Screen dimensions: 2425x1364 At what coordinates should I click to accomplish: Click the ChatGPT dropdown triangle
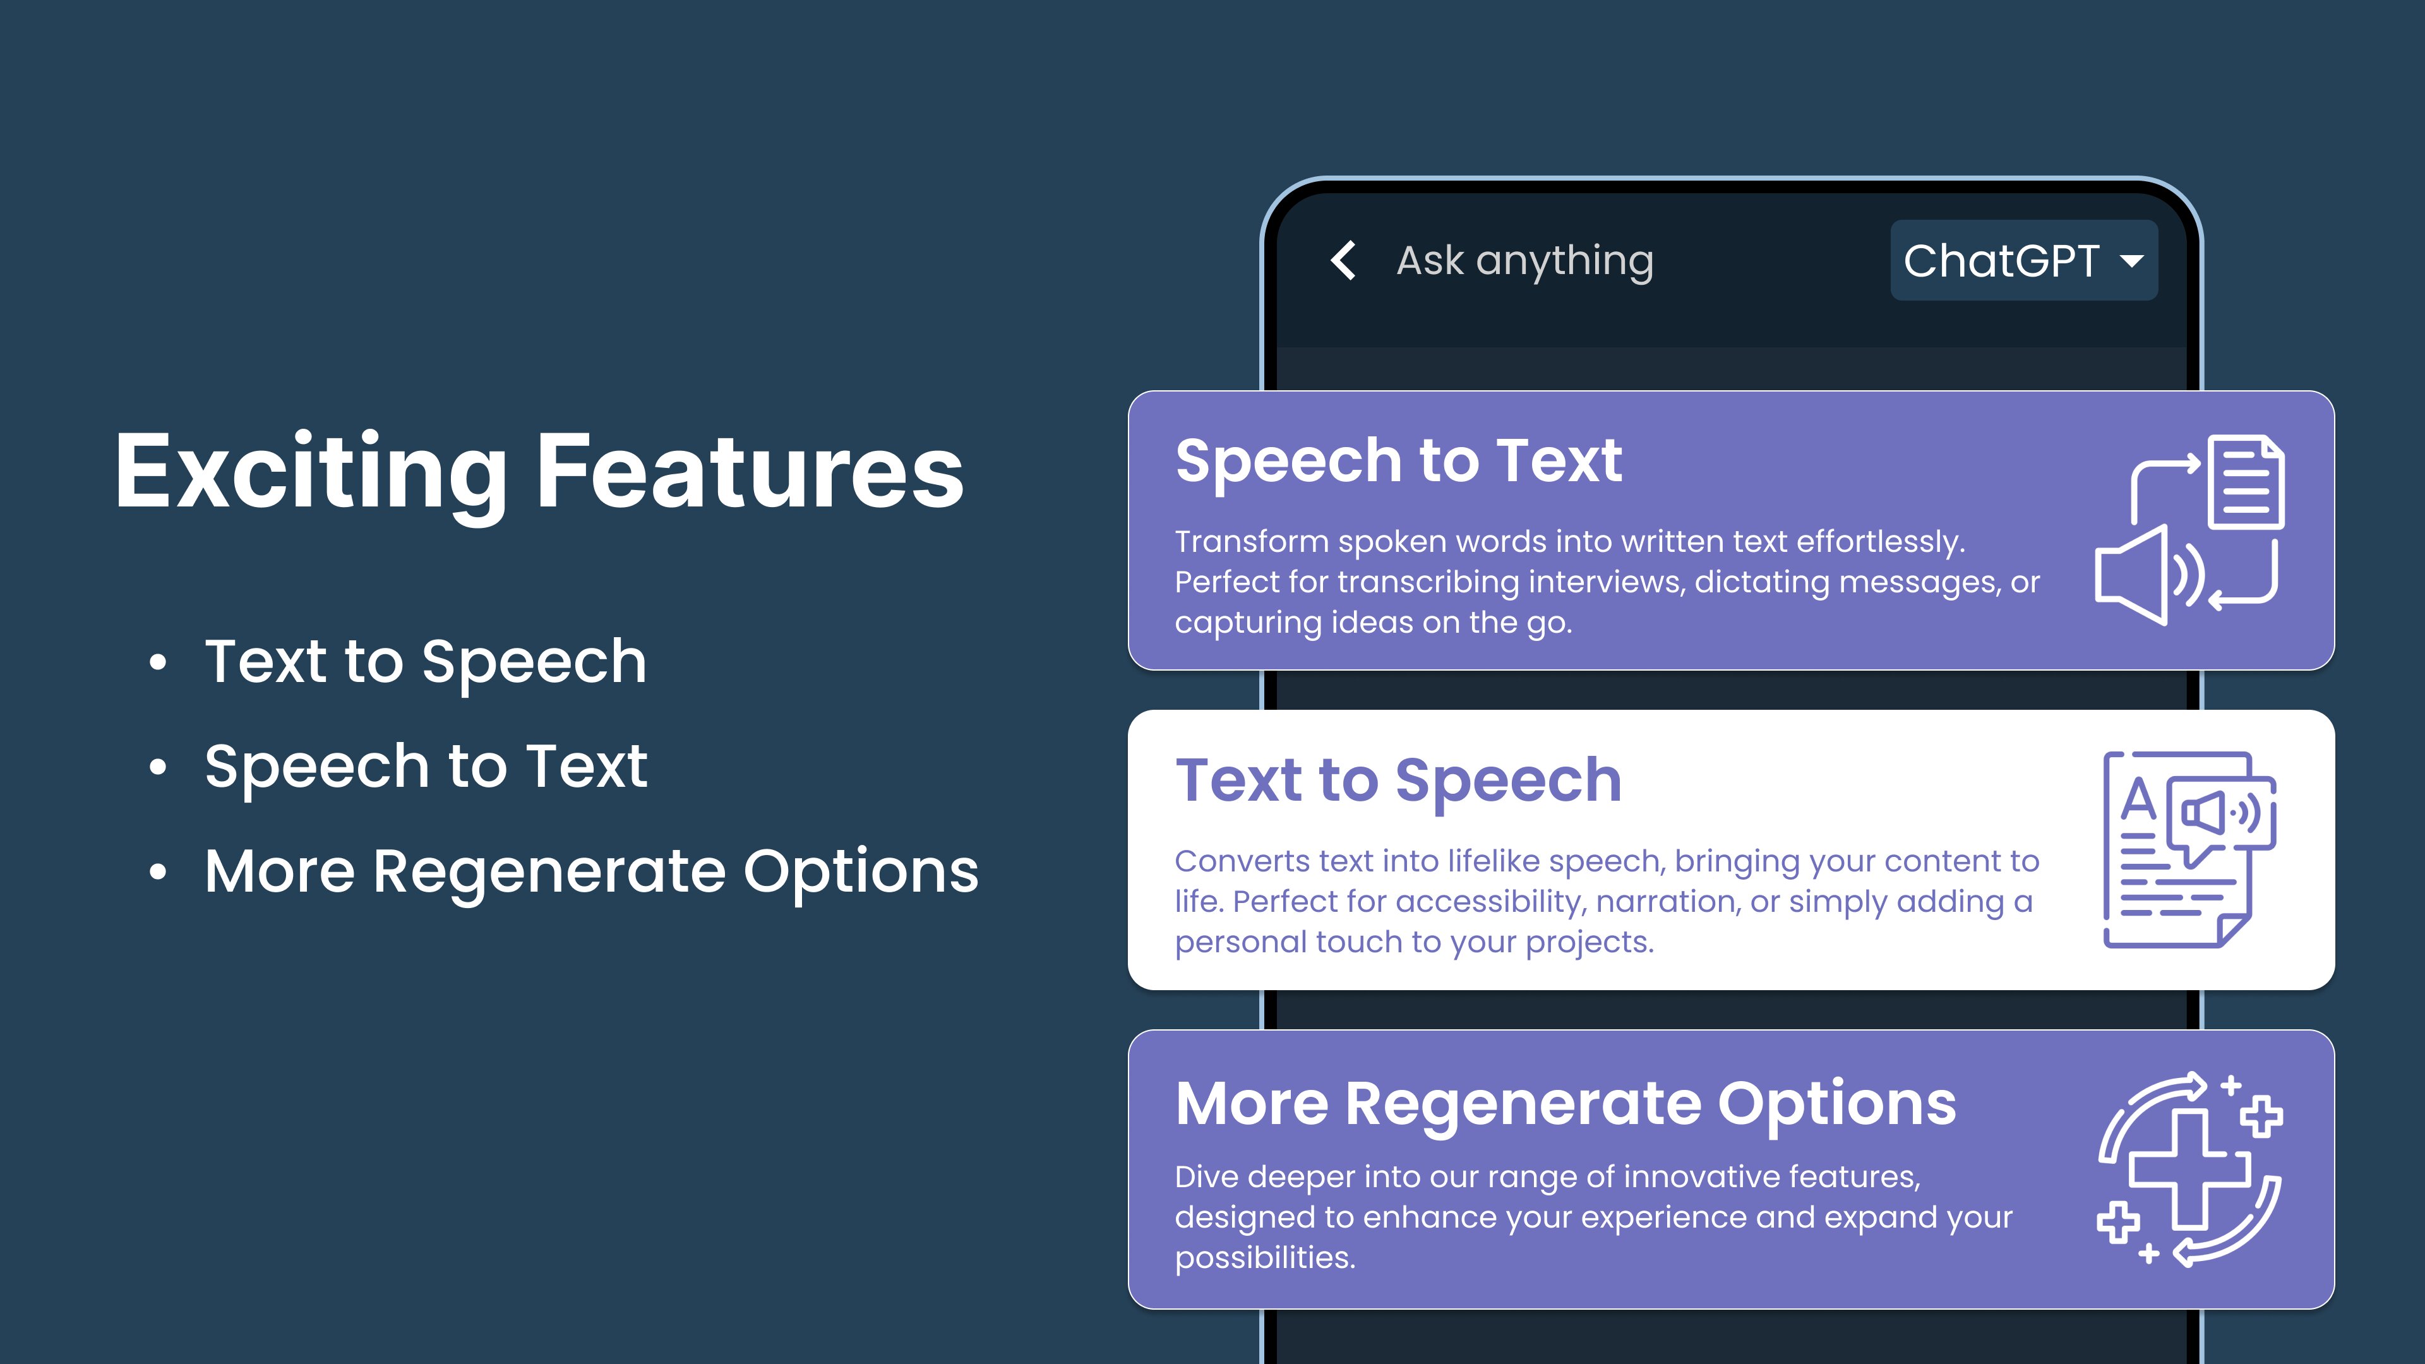2131,261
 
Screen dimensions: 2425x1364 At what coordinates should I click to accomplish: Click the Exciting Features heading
539,470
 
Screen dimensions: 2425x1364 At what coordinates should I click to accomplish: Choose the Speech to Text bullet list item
426,766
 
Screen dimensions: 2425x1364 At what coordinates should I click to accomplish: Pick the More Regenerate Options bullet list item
591,871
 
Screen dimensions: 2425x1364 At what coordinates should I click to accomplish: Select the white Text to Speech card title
1398,781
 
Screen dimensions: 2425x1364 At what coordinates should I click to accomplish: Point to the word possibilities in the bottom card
1265,1258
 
